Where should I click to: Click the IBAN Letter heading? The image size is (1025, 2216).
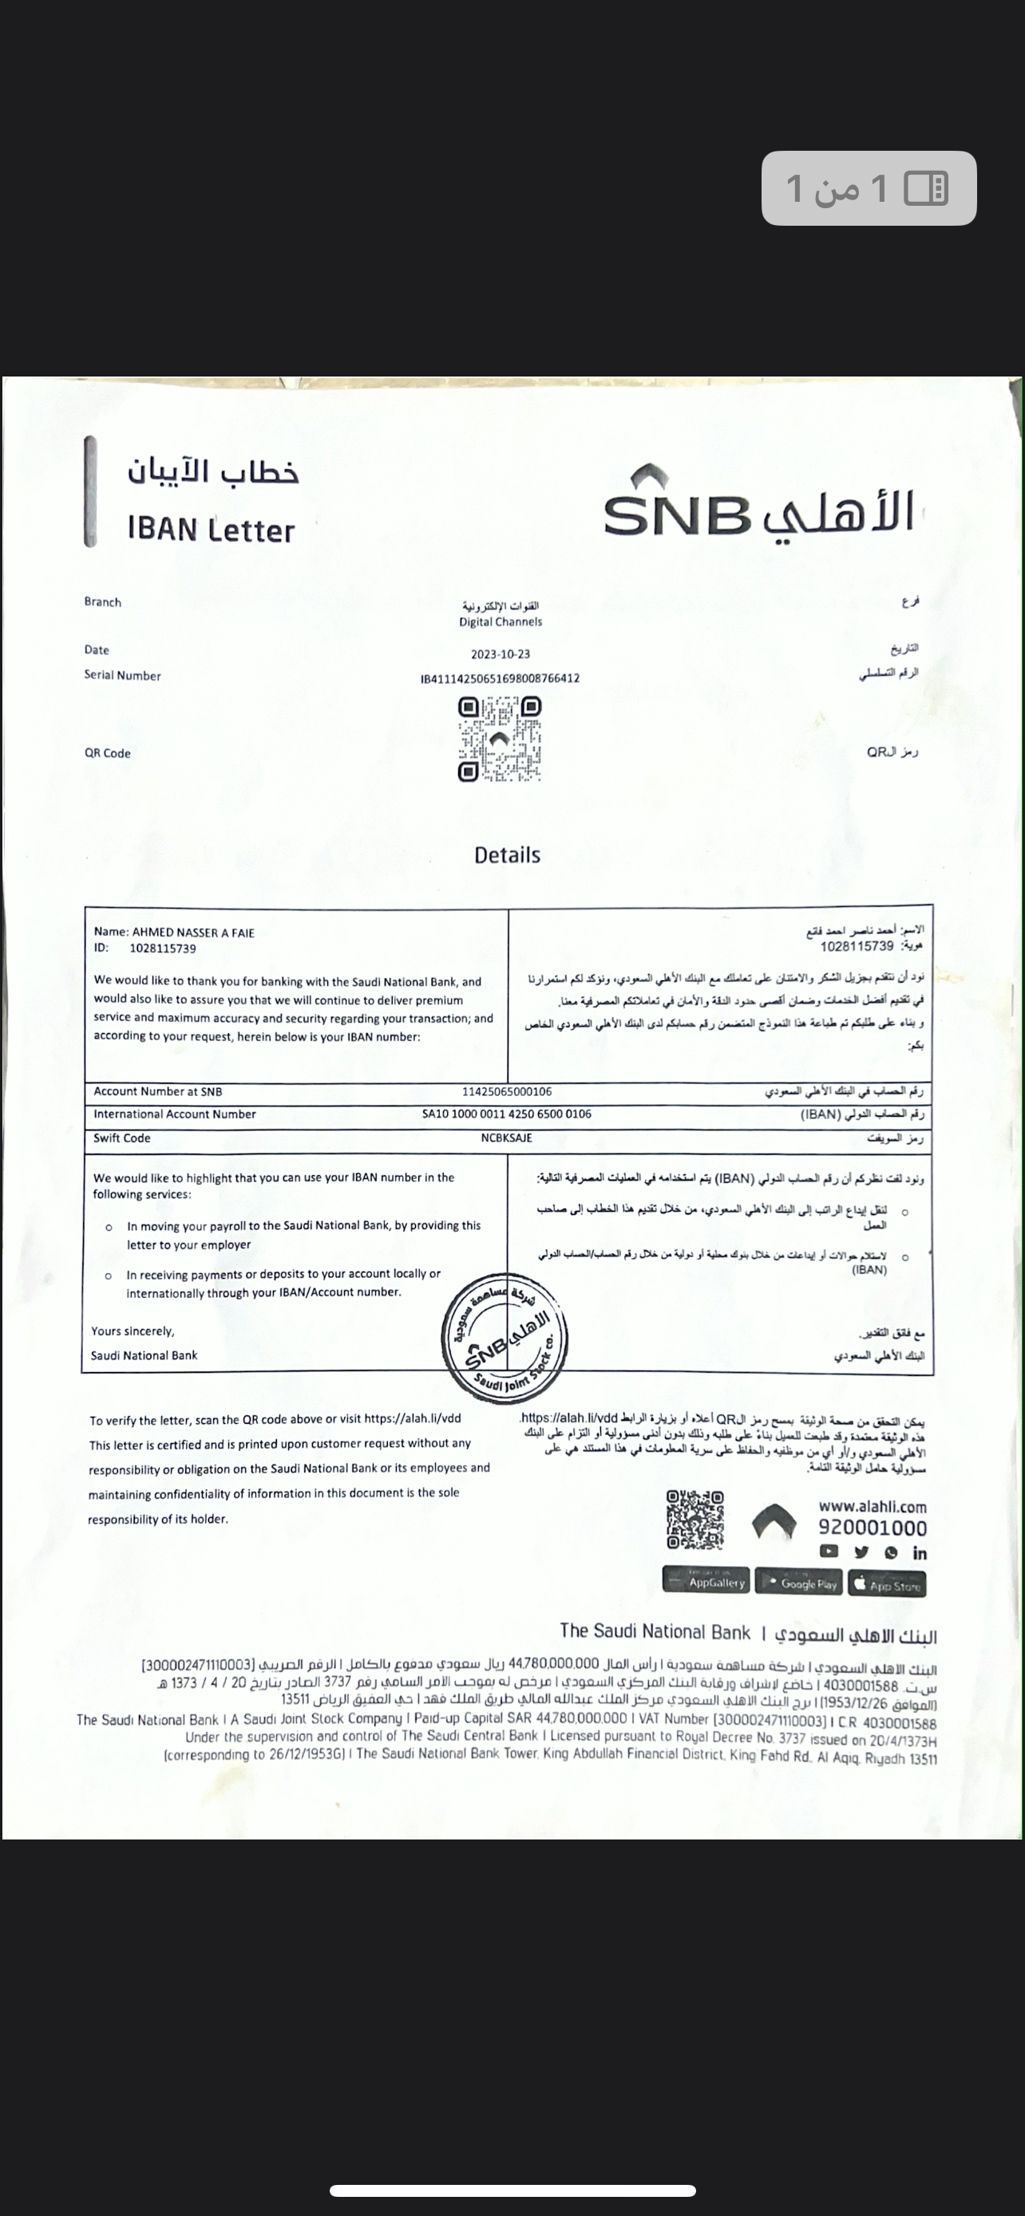point(211,529)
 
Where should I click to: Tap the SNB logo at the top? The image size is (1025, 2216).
point(758,503)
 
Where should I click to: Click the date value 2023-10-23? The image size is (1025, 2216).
point(500,654)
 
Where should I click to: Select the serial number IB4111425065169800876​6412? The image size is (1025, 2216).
point(500,678)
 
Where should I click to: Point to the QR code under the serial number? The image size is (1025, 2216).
point(499,739)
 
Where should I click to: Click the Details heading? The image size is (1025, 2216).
point(507,855)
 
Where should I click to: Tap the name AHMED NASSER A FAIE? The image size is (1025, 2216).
point(192,933)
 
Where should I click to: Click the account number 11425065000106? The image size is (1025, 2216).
point(507,1092)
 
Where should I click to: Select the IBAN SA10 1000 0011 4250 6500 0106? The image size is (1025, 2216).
point(506,1114)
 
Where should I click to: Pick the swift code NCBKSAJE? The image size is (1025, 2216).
point(506,1138)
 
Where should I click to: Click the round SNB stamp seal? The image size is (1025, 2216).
point(505,1339)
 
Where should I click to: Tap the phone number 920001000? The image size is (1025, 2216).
point(872,1528)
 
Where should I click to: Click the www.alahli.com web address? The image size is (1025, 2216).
point(872,1506)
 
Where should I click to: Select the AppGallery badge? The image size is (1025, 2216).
point(706,1581)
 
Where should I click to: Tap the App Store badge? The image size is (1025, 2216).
point(888,1583)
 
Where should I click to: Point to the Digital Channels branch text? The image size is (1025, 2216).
point(500,621)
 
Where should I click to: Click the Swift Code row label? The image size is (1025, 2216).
point(122,1138)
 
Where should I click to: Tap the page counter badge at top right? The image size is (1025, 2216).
point(869,188)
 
